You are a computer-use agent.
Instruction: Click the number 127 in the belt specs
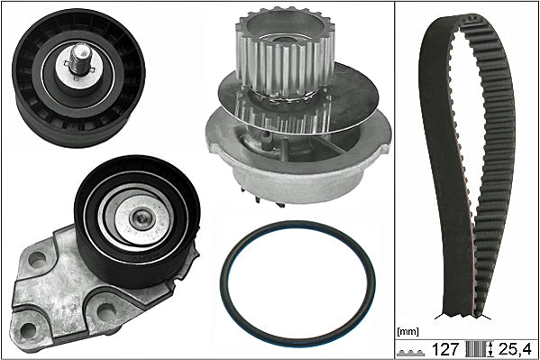(445, 349)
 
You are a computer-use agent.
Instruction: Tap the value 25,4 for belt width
(515, 349)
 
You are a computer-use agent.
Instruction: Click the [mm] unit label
(407, 332)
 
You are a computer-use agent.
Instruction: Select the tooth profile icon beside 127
(410, 353)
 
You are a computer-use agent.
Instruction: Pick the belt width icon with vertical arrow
(479, 349)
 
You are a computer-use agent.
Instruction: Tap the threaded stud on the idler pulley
(80, 60)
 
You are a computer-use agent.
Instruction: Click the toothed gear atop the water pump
(285, 51)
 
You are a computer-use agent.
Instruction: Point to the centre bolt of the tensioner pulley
(142, 217)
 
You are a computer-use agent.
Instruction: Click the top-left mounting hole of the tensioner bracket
(37, 259)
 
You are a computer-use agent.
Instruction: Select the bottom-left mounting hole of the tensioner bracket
(28, 330)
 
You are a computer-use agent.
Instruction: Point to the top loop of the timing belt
(470, 21)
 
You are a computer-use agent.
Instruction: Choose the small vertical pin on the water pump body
(267, 138)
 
